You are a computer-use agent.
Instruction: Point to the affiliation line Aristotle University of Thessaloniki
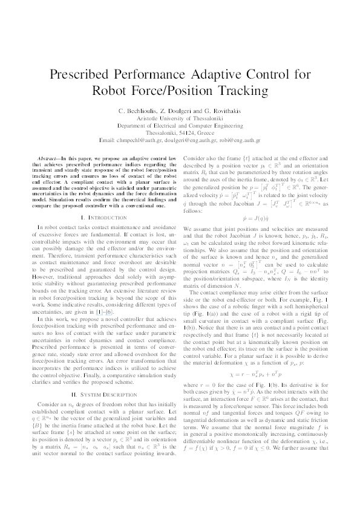(180, 120)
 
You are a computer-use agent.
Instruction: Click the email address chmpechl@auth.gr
(146, 139)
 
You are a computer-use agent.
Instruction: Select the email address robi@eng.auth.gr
(238, 139)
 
